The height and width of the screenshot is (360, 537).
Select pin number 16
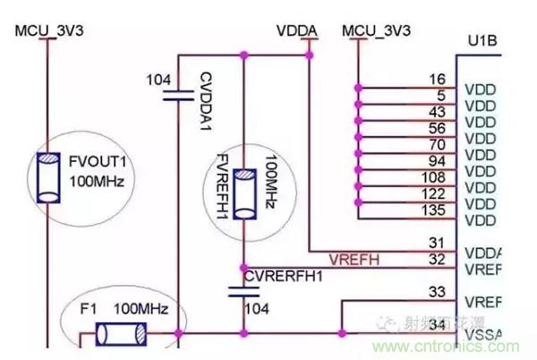(x=438, y=80)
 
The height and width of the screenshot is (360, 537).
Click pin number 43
(x=438, y=112)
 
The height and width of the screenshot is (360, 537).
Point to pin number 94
(x=438, y=160)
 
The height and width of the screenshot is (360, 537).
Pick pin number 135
(x=436, y=210)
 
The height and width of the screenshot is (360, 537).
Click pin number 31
(x=437, y=243)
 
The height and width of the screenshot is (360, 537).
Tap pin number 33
(x=437, y=291)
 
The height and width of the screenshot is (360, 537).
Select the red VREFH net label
(x=354, y=260)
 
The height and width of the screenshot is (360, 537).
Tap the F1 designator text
(x=88, y=309)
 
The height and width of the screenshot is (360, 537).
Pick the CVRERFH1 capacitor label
(x=285, y=276)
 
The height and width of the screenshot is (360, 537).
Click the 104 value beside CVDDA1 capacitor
(x=158, y=80)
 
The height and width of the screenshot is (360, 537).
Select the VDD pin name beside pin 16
(x=480, y=90)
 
